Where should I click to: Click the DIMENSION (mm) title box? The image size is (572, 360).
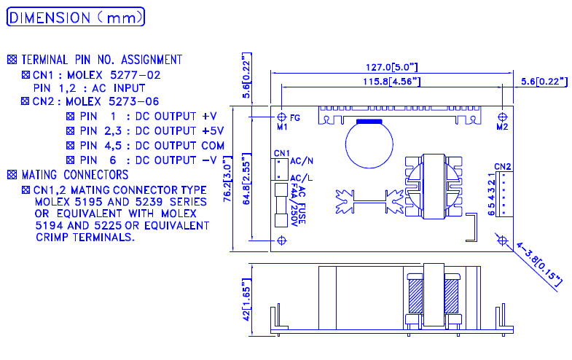76,17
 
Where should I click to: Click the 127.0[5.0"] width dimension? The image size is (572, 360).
392,67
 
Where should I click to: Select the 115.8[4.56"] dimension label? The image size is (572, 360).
392,82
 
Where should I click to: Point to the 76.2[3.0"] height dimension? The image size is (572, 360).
227,179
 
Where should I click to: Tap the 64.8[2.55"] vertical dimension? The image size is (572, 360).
246,179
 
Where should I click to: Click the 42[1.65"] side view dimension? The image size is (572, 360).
246,300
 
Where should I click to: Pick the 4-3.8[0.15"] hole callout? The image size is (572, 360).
539,265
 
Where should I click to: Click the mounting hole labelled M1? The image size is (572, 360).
281,117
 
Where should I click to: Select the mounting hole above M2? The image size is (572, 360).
502,117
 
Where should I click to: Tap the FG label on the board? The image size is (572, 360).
295,118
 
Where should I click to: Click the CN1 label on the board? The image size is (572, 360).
281,153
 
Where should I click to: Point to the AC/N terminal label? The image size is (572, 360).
302,161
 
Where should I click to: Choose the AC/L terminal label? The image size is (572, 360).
302,178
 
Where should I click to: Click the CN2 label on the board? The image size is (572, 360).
503,167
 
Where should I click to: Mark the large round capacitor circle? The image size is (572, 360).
369,144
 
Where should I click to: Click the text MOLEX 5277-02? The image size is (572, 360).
114,75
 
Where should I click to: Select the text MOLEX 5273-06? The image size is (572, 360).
112,101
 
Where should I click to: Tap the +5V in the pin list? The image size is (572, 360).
213,131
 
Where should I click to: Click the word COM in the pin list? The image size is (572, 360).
213,146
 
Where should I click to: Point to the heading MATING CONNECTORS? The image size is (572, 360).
75,175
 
